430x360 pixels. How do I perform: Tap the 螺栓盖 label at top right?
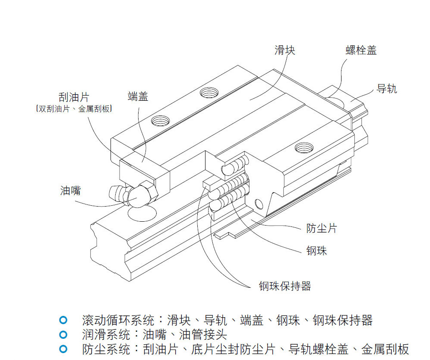tap(361, 50)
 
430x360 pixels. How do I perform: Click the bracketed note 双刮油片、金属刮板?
tap(74, 109)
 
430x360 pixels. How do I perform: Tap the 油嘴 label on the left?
tap(70, 190)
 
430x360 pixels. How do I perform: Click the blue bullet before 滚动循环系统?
tap(63, 320)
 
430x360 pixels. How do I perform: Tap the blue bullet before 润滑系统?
tap(63, 334)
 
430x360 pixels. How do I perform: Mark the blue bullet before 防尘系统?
tap(63, 348)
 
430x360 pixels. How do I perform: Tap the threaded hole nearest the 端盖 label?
tap(161, 120)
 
